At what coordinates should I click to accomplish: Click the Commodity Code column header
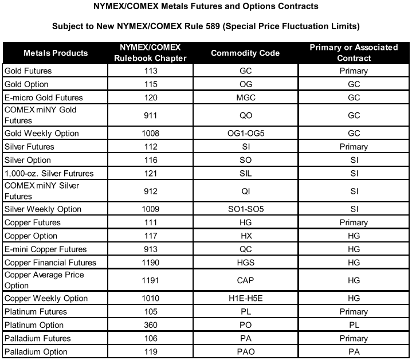tap(245, 53)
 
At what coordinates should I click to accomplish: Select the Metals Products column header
tap(56, 53)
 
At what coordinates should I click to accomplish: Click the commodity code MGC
tap(245, 97)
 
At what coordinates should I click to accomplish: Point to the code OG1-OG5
tap(245, 134)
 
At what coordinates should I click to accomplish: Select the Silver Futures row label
tap(29, 147)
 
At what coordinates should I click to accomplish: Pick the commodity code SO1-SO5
tap(245, 209)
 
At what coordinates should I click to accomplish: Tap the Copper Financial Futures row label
tap(50, 263)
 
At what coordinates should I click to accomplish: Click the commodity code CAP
tap(245, 280)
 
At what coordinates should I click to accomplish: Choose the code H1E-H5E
tap(245, 299)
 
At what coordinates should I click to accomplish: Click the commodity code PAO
tap(245, 351)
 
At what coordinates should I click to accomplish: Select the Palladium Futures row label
tap(36, 338)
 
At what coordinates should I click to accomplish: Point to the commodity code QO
tap(245, 115)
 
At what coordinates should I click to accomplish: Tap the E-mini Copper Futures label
tap(45, 249)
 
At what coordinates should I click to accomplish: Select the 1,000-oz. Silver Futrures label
tap(49, 173)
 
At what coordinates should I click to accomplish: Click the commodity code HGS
tap(245, 263)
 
